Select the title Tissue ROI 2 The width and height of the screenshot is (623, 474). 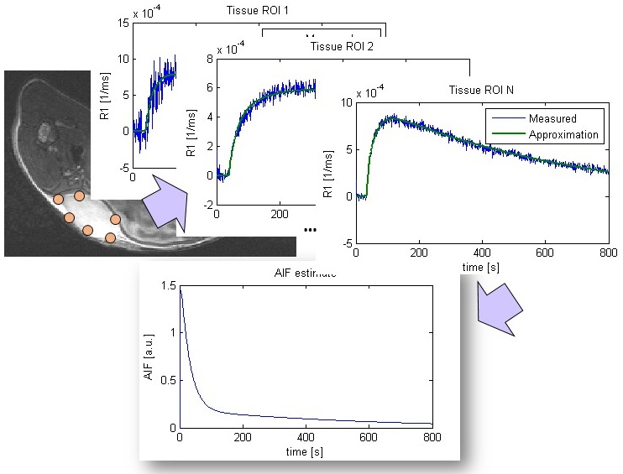[x=342, y=45]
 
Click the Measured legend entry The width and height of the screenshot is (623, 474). [x=552, y=118]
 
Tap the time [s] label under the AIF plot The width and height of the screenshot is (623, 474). [x=306, y=451]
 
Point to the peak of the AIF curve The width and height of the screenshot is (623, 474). [x=181, y=289]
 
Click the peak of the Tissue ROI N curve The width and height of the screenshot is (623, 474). [x=388, y=117]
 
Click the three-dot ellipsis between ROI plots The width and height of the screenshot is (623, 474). [x=310, y=229]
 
